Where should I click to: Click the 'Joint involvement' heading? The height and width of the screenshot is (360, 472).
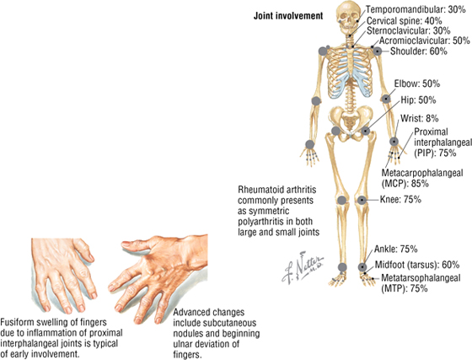tap(288, 16)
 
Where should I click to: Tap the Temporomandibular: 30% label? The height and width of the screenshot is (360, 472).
tap(416, 9)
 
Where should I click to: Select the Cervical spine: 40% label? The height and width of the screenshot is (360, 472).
tap(405, 21)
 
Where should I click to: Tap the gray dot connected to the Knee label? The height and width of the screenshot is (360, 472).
tap(362, 200)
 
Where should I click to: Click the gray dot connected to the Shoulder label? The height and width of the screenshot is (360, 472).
tap(378, 51)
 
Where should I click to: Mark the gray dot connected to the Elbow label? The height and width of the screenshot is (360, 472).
tap(386, 99)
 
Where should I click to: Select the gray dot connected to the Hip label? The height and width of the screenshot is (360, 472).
tap(366, 131)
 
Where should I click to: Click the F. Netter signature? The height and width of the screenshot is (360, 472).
tap(303, 267)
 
